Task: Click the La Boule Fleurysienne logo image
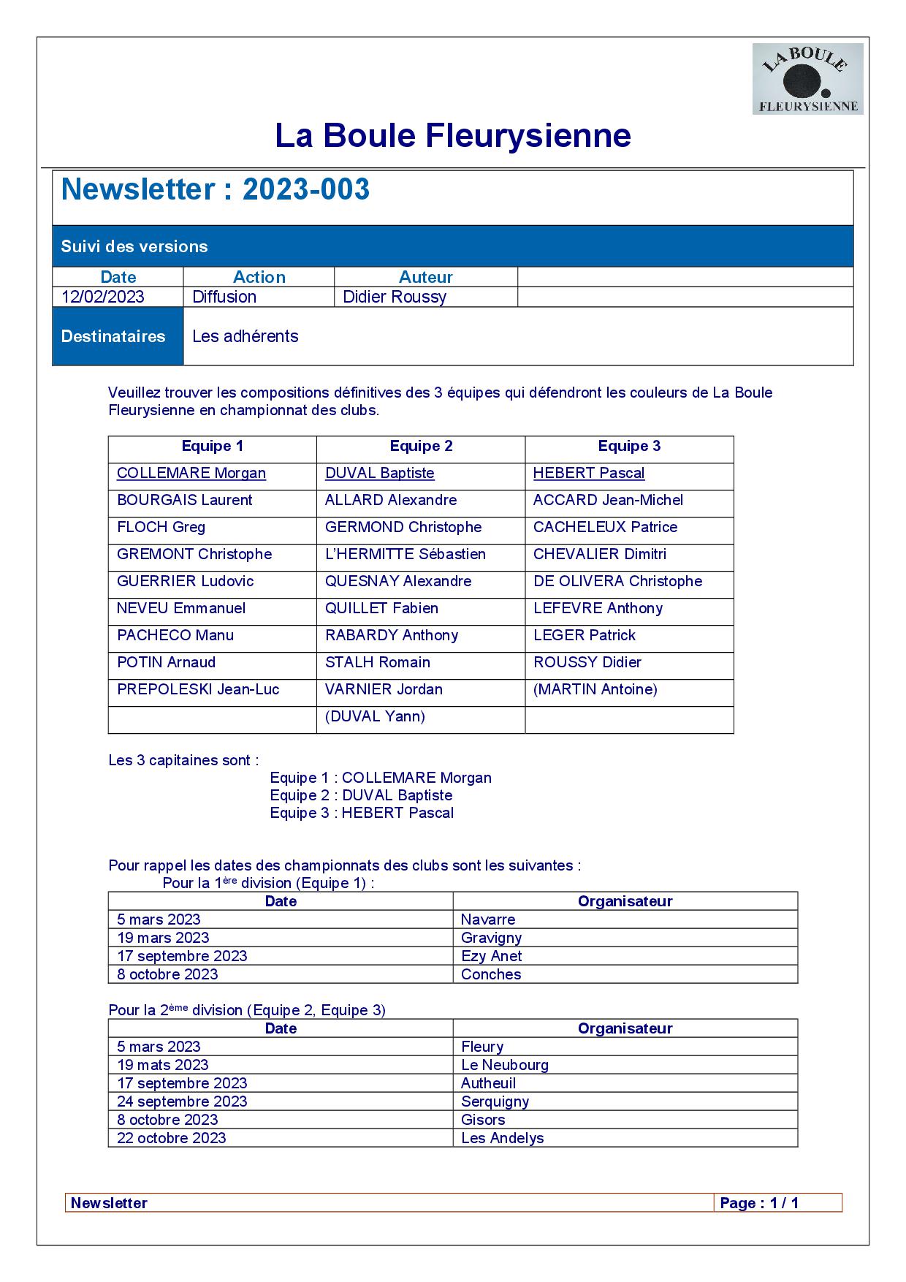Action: [807, 79]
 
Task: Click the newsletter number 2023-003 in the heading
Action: [305, 189]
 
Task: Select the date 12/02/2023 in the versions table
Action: [103, 297]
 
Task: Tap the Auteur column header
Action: [425, 277]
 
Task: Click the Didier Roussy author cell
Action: [395, 297]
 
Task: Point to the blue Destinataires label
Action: [113, 336]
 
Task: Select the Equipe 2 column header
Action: [421, 447]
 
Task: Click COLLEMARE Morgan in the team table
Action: [191, 474]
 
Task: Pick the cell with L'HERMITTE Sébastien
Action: [406, 555]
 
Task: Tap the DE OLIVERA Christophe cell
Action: [617, 582]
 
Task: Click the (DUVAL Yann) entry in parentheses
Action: [375, 717]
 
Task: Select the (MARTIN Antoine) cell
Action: [595, 690]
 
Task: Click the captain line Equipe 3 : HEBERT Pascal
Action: [362, 813]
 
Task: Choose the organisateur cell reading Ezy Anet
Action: [491, 956]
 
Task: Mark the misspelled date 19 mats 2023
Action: [163, 1065]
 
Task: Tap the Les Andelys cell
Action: [503, 1138]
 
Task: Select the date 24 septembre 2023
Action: [182, 1101]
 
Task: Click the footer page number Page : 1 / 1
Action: [759, 1203]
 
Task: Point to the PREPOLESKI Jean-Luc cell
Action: [198, 690]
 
